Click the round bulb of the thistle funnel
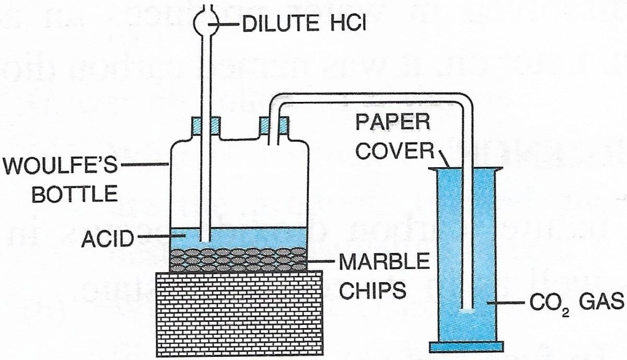(x=206, y=22)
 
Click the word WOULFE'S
(x=60, y=165)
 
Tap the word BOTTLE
(x=74, y=194)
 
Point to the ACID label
(x=108, y=239)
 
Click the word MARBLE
(x=385, y=261)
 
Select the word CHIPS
(x=373, y=291)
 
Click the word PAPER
(x=393, y=122)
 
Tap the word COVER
(x=394, y=150)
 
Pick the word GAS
(x=601, y=302)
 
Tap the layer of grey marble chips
(x=238, y=260)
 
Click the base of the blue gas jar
(x=467, y=346)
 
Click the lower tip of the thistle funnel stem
(x=206, y=241)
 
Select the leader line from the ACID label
(x=162, y=237)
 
